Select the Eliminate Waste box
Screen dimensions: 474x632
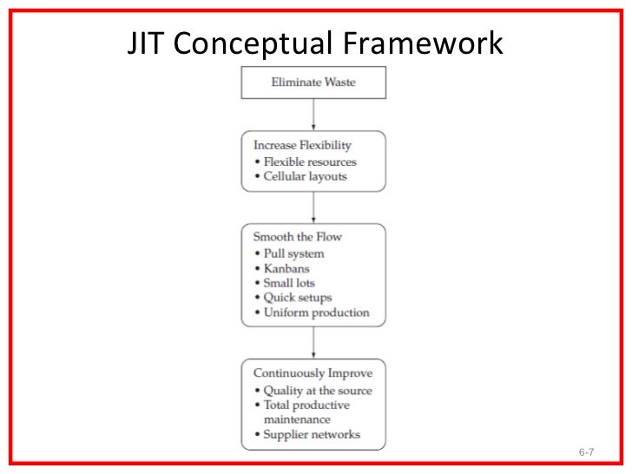tap(313, 82)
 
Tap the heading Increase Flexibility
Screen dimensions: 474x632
tap(302, 145)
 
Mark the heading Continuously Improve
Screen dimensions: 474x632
tap(312, 373)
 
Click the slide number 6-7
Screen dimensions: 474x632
tap(586, 453)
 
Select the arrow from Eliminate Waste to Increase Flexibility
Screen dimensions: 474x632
tap(313, 114)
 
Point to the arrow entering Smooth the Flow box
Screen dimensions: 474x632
tap(313, 207)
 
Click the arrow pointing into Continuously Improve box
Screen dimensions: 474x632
tap(313, 342)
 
